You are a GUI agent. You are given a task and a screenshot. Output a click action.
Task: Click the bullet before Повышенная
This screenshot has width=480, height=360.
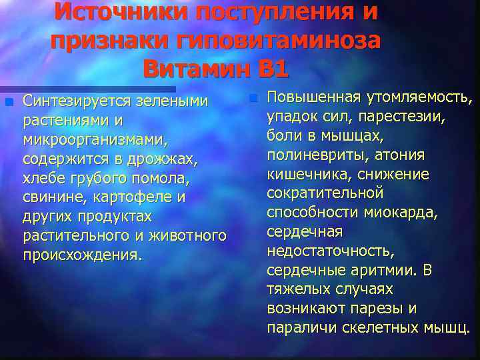253,99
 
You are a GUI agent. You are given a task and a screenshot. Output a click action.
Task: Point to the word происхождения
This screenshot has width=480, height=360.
82,257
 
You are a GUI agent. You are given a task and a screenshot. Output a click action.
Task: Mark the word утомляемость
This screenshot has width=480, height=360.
419,98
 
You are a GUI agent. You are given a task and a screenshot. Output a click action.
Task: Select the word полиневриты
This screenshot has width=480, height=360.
305,156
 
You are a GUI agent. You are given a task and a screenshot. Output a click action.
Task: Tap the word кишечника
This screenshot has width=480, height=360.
307,175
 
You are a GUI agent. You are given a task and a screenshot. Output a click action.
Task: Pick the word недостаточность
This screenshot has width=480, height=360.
330,252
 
